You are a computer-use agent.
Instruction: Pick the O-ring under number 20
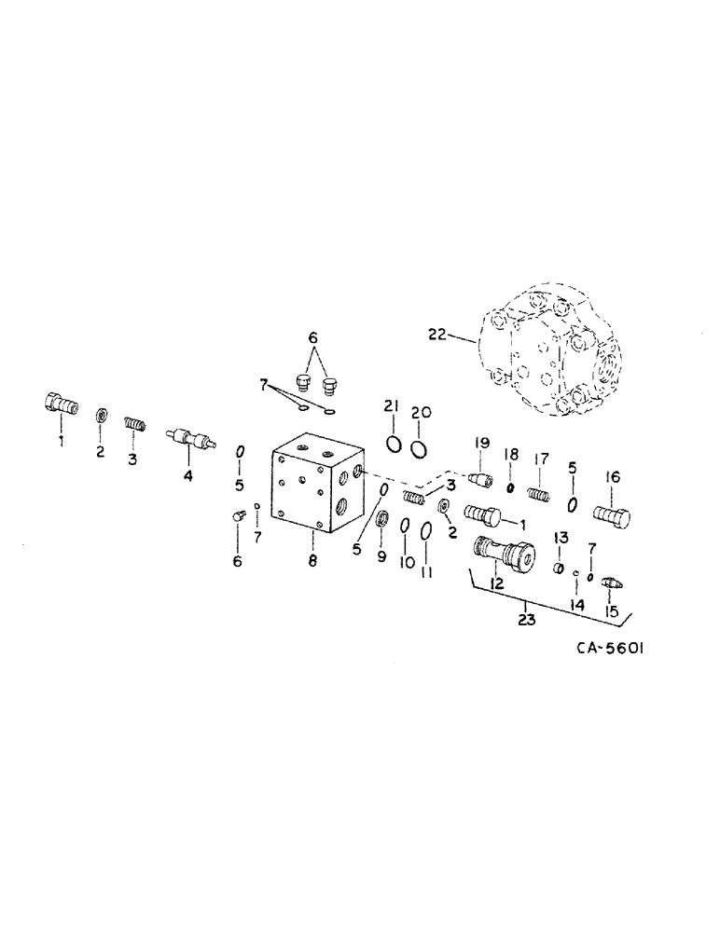click(x=420, y=447)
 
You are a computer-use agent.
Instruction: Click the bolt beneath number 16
click(x=612, y=514)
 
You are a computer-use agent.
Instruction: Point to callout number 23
click(x=528, y=620)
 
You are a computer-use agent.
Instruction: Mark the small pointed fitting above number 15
click(x=613, y=583)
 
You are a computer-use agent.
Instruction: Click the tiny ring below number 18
click(x=511, y=487)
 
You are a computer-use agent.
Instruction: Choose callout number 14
click(x=577, y=605)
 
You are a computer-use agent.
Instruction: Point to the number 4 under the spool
click(x=188, y=476)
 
